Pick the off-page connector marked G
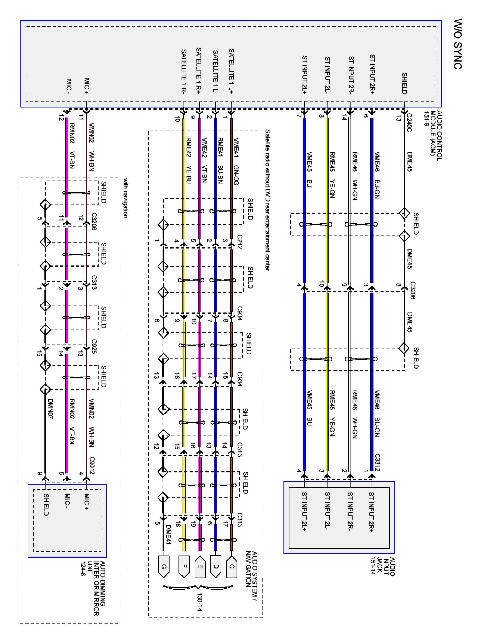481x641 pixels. click(x=164, y=566)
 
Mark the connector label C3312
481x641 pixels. click(x=377, y=462)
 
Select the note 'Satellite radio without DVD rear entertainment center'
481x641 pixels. click(x=267, y=200)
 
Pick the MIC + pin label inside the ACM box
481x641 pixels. click(x=86, y=86)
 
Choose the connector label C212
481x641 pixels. click(x=239, y=242)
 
